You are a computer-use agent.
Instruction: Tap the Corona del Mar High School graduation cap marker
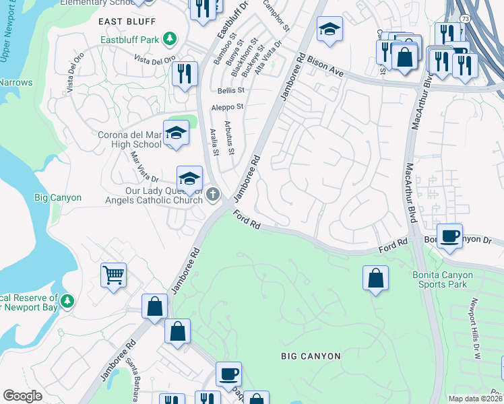point(175,132)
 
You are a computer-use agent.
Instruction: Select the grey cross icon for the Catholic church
point(213,196)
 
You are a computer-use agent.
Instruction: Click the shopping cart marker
point(113,275)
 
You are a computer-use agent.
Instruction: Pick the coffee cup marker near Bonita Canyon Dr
point(449,236)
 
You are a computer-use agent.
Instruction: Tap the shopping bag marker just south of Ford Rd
point(375,278)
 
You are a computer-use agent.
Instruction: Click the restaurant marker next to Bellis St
point(185,73)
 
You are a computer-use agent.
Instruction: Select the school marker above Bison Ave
point(329,30)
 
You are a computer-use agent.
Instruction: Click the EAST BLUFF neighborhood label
point(123,22)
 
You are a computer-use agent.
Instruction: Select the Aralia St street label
point(214,142)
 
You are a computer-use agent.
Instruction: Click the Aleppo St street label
point(228,106)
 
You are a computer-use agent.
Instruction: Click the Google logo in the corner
point(22,395)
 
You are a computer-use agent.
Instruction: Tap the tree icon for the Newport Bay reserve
point(67,302)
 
